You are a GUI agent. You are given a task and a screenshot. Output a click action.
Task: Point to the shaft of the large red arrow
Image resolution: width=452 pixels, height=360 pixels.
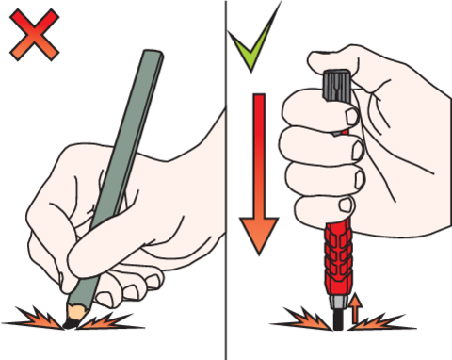259,151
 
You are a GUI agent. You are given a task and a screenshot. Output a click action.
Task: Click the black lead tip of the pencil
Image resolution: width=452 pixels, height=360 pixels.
71,323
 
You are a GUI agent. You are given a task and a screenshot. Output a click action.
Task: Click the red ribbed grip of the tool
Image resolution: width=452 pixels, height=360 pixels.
336,254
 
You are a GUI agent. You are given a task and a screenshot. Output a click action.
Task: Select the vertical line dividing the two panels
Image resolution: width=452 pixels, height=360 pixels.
226,179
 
